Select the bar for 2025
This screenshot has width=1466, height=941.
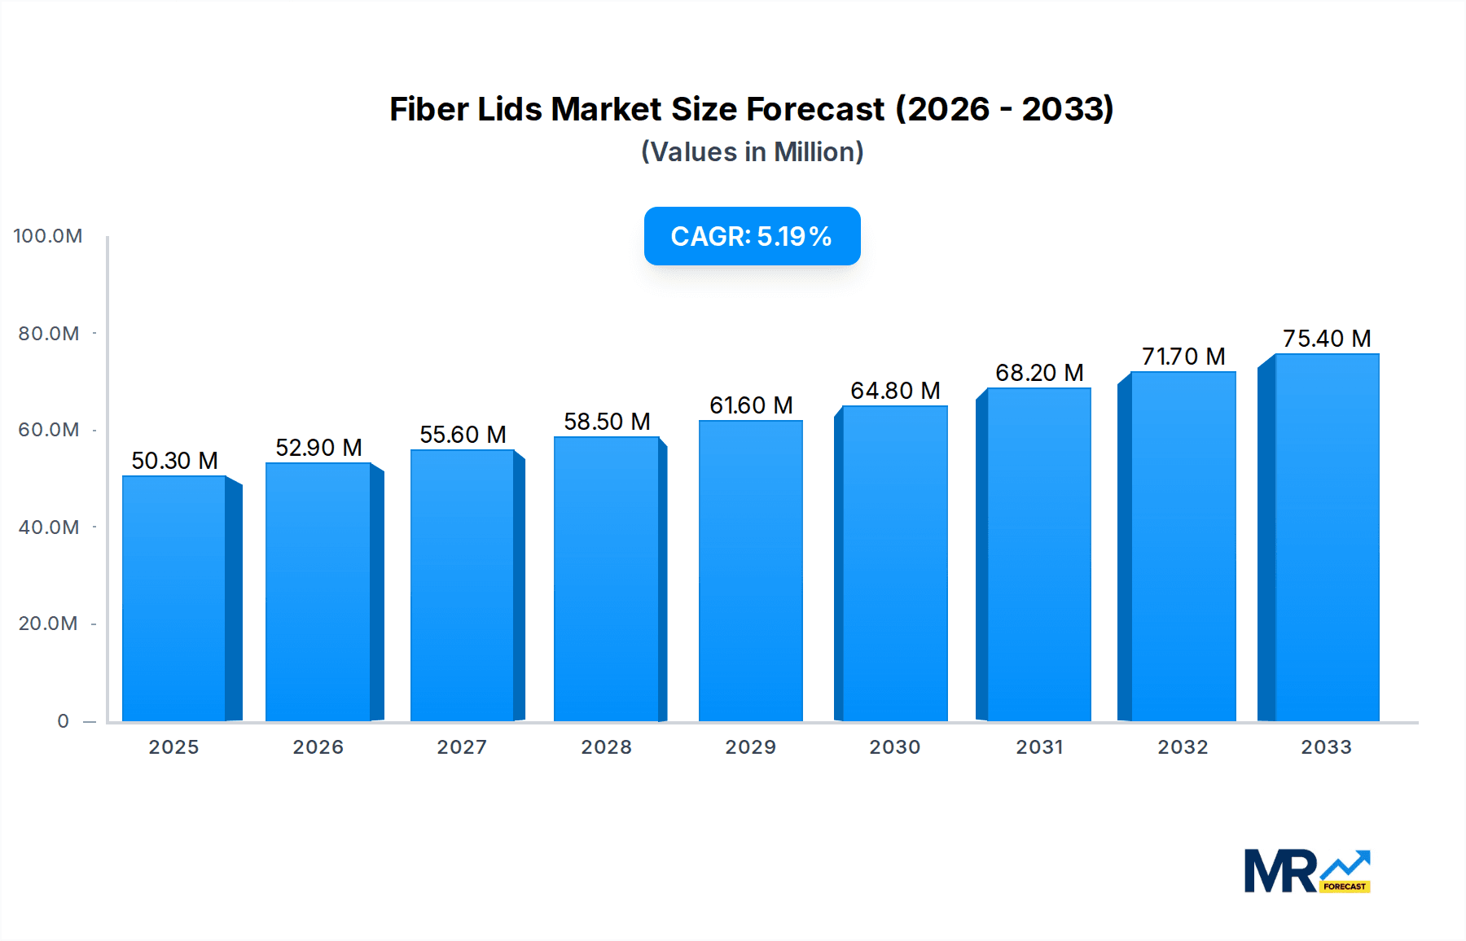pos(174,598)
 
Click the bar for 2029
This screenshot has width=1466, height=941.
pos(750,570)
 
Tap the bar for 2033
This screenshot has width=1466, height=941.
pos(1327,537)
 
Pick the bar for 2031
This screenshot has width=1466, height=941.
pos(1038,554)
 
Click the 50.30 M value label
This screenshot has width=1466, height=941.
pos(174,461)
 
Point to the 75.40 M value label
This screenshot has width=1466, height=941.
pos(1327,339)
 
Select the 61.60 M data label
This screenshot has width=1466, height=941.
pos(750,405)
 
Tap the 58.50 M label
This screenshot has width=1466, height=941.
pos(607,422)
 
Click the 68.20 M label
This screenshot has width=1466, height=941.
pos(1039,373)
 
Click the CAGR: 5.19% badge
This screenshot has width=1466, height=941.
pos(752,236)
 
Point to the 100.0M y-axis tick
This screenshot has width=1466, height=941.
pos(48,236)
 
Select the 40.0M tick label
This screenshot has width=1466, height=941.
pos(49,527)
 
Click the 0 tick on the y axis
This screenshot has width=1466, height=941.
pos(63,721)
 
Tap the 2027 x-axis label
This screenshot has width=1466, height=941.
pos(462,747)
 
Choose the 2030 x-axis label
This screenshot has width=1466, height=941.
pos(894,747)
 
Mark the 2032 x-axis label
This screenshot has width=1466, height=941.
pos(1183,747)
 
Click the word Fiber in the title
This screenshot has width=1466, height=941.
pos(428,109)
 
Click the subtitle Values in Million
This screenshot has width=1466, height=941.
pos(752,152)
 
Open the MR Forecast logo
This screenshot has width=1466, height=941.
pos(1306,871)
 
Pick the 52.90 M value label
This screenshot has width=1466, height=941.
pos(318,448)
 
